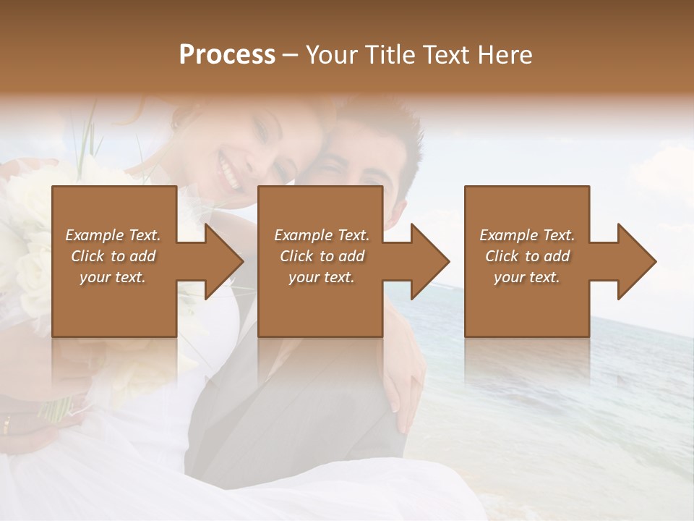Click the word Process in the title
tap(227, 54)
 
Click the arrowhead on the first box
tap(224, 261)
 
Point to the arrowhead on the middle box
tap(430, 261)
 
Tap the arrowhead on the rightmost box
tap(637, 261)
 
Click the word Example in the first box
tap(94, 235)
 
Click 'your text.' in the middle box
tap(321, 277)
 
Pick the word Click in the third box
tap(502, 256)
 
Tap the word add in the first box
tap(143, 256)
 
